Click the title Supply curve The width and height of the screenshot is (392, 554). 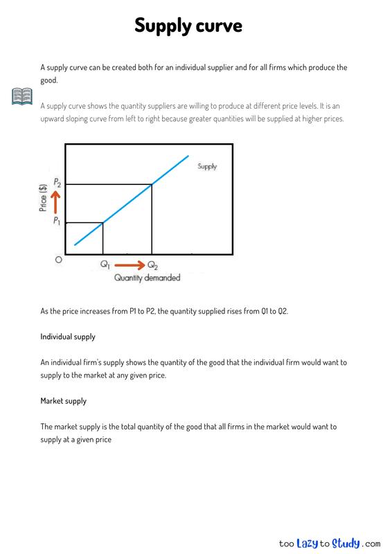[x=188, y=26]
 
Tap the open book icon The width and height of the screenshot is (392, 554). [x=21, y=96]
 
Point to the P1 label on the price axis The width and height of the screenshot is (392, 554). [x=57, y=221]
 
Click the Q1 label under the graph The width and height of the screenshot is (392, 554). [x=105, y=265]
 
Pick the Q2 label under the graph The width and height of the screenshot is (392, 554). [x=152, y=265]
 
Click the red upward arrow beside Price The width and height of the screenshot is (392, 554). [x=57, y=202]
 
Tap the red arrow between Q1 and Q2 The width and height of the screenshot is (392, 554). [x=129, y=265]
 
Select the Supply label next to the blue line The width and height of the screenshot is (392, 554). [x=207, y=166]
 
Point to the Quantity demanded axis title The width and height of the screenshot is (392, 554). [x=147, y=278]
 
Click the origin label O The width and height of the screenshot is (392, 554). [x=59, y=260]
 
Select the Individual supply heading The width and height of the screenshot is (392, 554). [x=68, y=337]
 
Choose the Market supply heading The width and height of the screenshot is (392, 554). [x=63, y=401]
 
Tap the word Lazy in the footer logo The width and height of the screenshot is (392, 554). [x=307, y=544]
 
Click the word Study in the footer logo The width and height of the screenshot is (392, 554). [x=346, y=544]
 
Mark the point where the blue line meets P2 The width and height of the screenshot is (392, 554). [x=152, y=184]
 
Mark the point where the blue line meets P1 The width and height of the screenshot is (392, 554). [x=103, y=222]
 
